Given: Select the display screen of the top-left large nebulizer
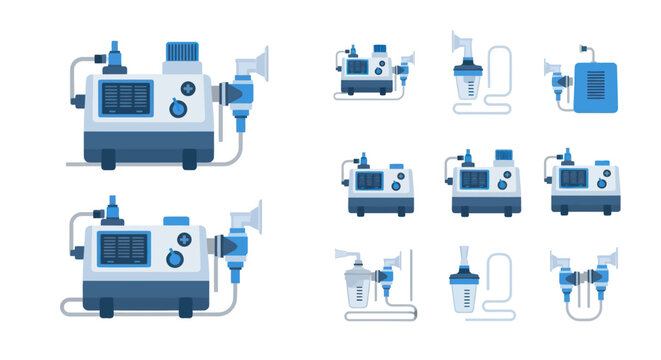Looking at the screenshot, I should (127, 99).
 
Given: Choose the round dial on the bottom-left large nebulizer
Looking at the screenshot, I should (175, 258).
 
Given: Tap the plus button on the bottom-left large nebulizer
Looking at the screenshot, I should (184, 239).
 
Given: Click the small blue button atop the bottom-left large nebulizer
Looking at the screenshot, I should (176, 220).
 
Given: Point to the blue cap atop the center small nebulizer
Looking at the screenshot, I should (505, 157).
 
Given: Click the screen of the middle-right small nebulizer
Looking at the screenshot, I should (573, 178).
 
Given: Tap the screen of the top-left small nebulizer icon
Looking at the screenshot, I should (357, 67).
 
